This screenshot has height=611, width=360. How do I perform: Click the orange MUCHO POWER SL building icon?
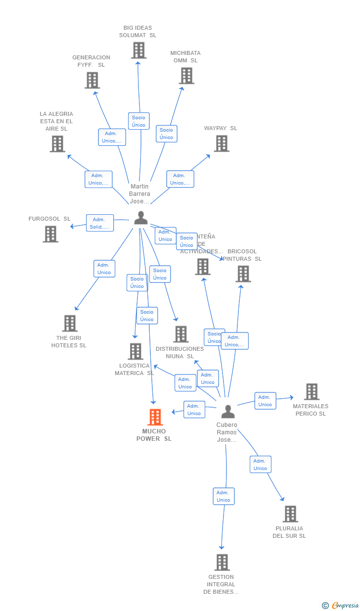click(155, 417)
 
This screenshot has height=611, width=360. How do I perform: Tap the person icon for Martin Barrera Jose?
click(141, 218)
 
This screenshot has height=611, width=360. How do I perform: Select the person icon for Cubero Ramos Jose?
click(227, 411)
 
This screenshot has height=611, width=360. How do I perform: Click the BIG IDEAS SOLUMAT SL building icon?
click(139, 50)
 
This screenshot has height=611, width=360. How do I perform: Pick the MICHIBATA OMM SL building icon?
click(186, 76)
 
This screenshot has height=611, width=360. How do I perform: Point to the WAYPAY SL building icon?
click(222, 143)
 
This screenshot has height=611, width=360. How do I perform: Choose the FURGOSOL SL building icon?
click(50, 234)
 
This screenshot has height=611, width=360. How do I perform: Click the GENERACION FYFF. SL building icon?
click(92, 80)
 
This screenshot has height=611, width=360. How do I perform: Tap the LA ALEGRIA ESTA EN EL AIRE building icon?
click(57, 144)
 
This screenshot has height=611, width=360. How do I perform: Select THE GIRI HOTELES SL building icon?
click(70, 324)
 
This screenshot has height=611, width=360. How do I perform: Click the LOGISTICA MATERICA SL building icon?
click(135, 351)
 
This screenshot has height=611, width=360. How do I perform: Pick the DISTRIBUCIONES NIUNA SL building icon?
click(181, 334)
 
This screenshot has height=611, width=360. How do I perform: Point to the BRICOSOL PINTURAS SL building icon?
click(243, 274)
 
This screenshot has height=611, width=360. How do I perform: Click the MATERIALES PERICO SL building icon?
click(312, 391)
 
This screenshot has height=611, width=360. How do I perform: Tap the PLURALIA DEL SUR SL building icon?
click(290, 514)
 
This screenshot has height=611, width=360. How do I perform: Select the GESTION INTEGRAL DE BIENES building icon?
click(222, 562)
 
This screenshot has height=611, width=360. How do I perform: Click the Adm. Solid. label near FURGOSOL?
click(100, 223)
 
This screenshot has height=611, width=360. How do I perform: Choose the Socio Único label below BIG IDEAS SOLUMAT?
click(138, 121)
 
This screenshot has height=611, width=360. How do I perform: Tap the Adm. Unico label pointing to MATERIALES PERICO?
click(265, 401)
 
